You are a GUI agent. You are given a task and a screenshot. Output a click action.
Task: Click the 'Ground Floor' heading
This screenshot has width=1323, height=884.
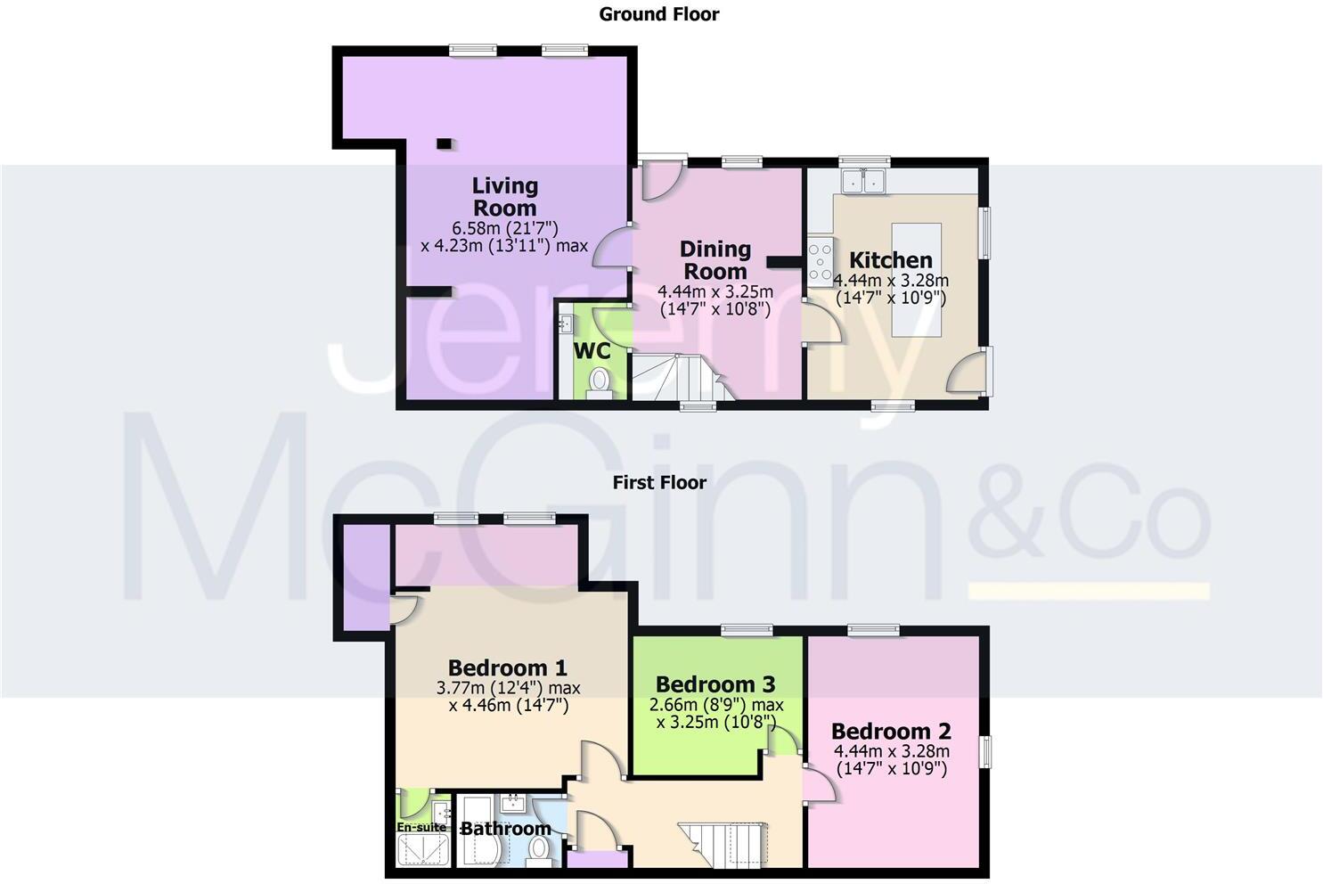[x=658, y=14]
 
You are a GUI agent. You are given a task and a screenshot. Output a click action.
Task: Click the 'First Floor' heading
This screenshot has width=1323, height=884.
[x=658, y=483]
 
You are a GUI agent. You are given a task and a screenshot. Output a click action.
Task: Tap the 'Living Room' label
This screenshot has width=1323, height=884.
[x=504, y=197]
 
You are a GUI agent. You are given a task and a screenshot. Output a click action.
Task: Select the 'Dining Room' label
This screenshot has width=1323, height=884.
[x=715, y=260]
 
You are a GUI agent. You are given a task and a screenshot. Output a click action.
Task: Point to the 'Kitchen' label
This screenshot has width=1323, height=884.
[x=890, y=260]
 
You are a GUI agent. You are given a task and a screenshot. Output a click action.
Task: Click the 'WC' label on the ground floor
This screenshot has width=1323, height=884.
[x=592, y=350]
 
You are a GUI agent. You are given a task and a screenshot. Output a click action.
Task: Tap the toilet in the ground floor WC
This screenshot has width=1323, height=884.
[x=600, y=381]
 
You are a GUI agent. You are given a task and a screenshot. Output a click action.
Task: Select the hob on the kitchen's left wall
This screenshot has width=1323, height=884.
[x=820, y=261]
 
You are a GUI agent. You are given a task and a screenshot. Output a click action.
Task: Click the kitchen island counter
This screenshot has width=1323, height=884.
[x=917, y=280]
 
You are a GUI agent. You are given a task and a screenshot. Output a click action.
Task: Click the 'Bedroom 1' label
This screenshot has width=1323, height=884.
[x=507, y=667]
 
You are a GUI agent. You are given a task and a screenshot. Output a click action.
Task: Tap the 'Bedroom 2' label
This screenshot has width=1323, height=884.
[x=891, y=732]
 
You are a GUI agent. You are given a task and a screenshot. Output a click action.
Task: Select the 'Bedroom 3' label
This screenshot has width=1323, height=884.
[x=715, y=684]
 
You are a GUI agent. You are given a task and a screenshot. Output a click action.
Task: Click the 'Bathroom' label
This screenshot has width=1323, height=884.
[x=505, y=829]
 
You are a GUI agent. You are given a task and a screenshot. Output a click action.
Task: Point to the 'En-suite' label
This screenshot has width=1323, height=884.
[x=421, y=827]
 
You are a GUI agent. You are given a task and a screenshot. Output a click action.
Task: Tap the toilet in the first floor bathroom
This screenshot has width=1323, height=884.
[x=538, y=853]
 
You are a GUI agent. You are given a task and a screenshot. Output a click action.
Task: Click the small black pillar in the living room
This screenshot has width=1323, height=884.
[x=443, y=143]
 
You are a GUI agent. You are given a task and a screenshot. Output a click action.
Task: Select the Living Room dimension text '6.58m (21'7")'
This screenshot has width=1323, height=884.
[x=504, y=227]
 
